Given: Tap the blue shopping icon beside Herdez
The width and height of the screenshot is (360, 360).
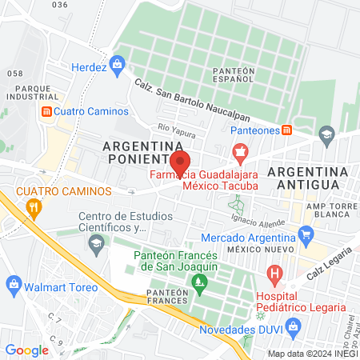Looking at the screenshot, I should click(118, 62).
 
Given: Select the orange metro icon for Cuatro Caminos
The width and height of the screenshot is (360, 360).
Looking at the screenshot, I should click(47, 110).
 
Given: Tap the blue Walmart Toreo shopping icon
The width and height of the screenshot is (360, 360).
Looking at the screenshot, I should click(13, 283).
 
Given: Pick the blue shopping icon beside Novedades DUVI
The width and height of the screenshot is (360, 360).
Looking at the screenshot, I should click(294, 326).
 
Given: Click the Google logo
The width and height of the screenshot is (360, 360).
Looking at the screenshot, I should click(26, 350).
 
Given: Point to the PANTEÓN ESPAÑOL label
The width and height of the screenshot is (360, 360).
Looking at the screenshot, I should click(234, 75).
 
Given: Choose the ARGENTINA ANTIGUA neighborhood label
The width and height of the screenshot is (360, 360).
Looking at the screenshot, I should click(309, 178).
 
